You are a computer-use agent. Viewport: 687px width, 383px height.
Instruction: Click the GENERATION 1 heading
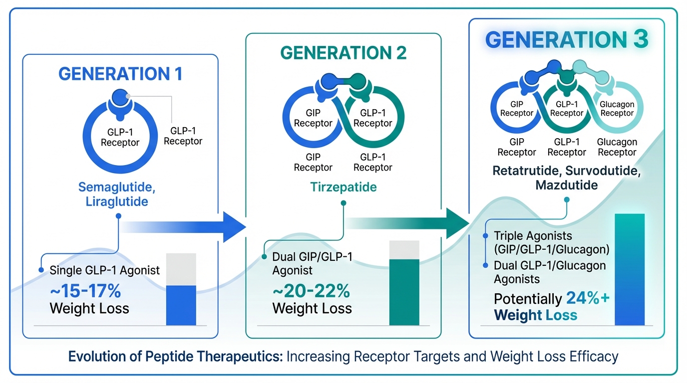120,74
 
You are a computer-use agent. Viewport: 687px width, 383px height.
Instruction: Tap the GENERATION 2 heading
343,53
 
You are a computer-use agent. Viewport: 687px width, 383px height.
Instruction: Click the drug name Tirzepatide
343,188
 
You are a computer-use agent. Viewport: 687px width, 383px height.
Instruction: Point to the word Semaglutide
113,188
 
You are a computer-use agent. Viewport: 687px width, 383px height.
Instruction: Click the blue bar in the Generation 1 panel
181,305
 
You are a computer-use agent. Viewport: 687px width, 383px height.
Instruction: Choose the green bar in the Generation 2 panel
404,292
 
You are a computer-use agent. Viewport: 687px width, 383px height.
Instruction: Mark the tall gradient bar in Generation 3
630,269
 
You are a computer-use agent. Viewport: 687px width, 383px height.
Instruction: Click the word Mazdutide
566,185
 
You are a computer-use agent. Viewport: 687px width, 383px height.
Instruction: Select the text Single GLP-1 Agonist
105,270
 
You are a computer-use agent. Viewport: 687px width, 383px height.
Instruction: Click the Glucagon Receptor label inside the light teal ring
617,109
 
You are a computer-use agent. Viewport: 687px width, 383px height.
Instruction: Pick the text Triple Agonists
533,235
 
